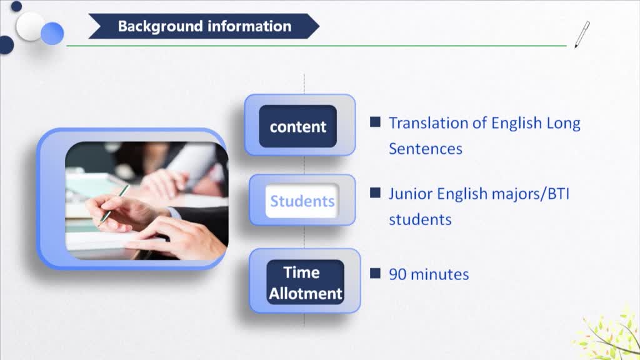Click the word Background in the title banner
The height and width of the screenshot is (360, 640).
pos(160,27)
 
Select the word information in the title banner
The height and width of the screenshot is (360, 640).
pos(249,26)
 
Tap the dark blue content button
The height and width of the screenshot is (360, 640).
pos(298,126)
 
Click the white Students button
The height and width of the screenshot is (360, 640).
pos(302,201)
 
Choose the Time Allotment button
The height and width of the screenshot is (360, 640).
pos(305,282)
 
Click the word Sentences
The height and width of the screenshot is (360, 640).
pos(425,149)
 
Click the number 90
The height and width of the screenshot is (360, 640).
pos(397,274)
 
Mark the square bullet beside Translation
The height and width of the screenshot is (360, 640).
pos(375,122)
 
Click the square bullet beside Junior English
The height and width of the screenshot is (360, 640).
pos(375,192)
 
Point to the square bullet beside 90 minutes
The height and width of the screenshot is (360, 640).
pos(375,273)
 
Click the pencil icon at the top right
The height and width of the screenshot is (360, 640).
pos(582,35)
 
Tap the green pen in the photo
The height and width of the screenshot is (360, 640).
pos(114,204)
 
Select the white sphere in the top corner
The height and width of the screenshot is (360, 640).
pos(29,26)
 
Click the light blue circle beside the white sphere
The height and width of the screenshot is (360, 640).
pos(52,34)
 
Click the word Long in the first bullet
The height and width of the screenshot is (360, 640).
pos(564,124)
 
